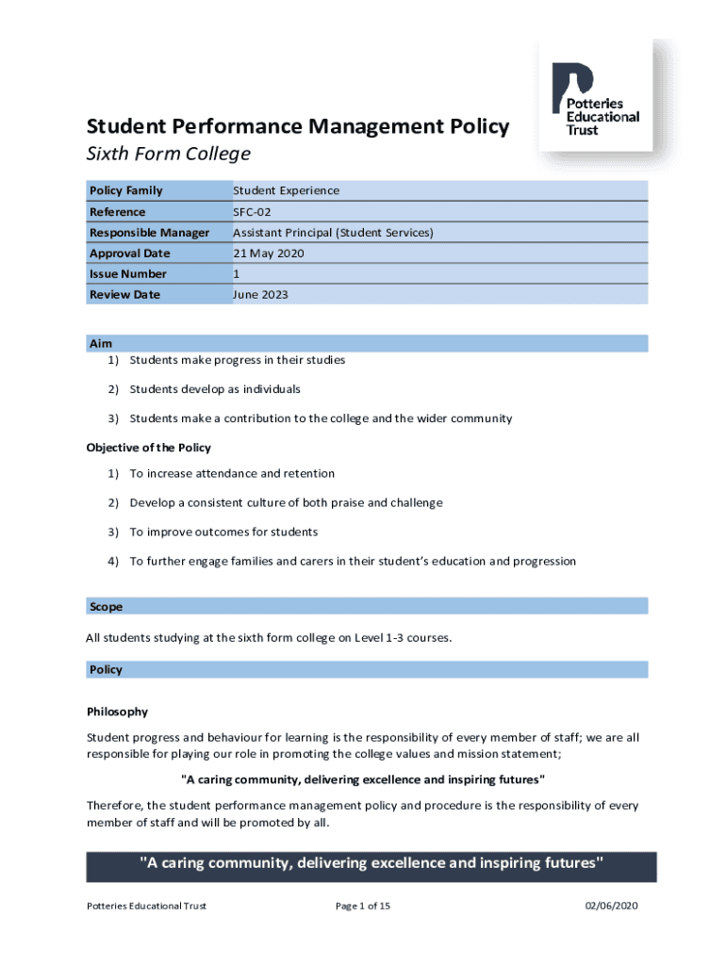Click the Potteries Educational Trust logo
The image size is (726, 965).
point(602,99)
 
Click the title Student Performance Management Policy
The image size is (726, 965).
point(298,126)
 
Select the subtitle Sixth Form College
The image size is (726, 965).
point(169,154)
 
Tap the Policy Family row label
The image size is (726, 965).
point(126,191)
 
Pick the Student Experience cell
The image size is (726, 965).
point(287,191)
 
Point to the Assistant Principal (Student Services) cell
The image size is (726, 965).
point(333,233)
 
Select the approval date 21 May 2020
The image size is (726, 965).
point(269,254)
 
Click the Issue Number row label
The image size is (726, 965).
point(128,274)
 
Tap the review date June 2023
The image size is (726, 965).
point(261,295)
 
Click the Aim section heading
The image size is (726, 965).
point(101,344)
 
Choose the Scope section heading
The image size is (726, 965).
point(106,607)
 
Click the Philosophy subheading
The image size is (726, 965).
point(117,711)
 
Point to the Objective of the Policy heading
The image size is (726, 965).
point(149,448)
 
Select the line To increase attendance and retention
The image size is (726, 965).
point(232,474)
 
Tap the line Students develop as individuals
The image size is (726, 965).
point(215,389)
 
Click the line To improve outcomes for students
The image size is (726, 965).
point(223,532)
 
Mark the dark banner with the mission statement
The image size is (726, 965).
point(371,864)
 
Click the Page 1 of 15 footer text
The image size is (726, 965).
point(363,907)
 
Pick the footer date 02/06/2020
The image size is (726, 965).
point(612,907)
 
